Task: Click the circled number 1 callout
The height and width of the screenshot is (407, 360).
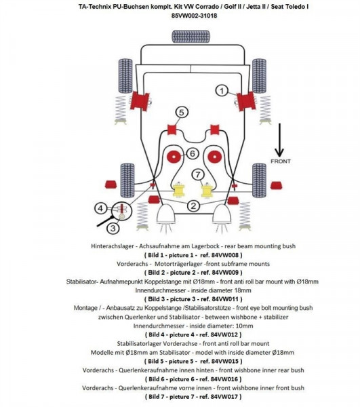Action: tap(222, 90)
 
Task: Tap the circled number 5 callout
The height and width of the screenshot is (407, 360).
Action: tap(180, 112)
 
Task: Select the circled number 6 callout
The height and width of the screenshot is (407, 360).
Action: tap(192, 153)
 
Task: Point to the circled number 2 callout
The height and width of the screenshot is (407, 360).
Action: tap(193, 206)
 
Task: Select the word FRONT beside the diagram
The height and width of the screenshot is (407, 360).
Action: tap(280, 161)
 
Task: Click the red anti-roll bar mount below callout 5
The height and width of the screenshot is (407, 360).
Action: tap(172, 128)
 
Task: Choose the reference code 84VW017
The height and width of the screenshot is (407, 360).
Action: tap(219, 396)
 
